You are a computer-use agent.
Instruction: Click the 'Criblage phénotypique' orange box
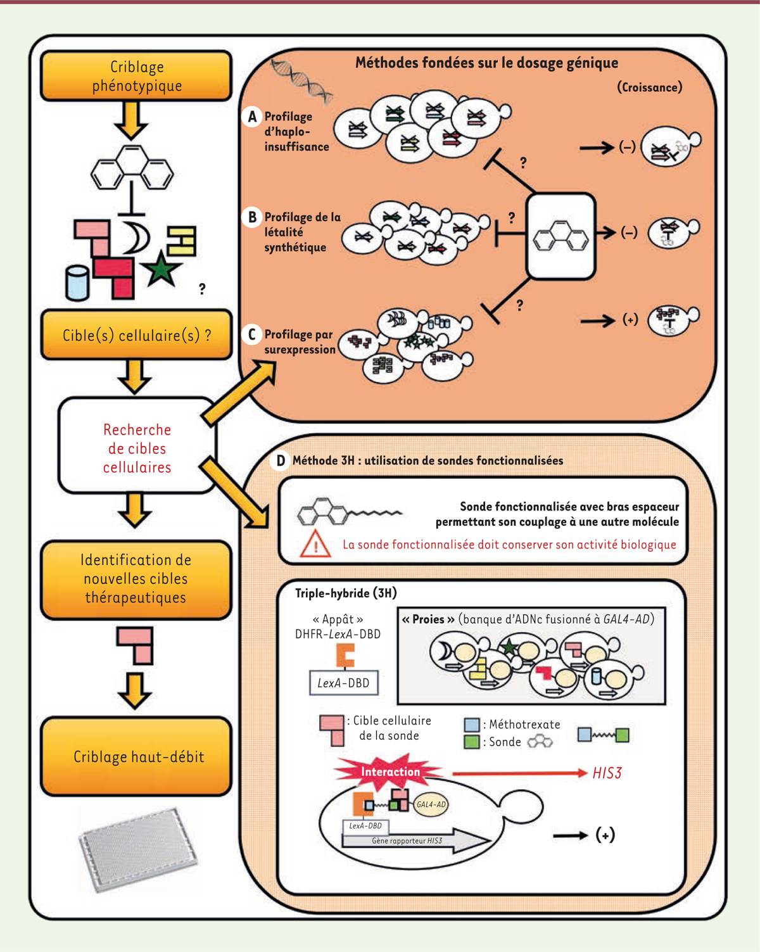136,76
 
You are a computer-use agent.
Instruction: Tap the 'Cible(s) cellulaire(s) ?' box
136,335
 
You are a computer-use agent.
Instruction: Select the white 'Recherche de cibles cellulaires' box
137,448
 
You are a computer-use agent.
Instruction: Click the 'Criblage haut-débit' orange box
136,756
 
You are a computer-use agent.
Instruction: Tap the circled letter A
252,117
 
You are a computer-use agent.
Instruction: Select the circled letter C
252,334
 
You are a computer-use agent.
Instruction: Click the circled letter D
280,460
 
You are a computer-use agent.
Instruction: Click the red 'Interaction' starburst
389,771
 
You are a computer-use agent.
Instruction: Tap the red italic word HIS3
607,773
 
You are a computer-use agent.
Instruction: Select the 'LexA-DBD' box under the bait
344,683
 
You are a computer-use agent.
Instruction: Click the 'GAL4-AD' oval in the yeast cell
431,804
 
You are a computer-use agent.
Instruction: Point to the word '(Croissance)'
649,87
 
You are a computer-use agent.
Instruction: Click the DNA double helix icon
301,80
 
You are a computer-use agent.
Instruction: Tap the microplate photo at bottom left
138,848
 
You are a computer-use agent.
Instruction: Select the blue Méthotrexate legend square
472,725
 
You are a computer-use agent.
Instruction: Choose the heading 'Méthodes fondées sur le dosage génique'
486,63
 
